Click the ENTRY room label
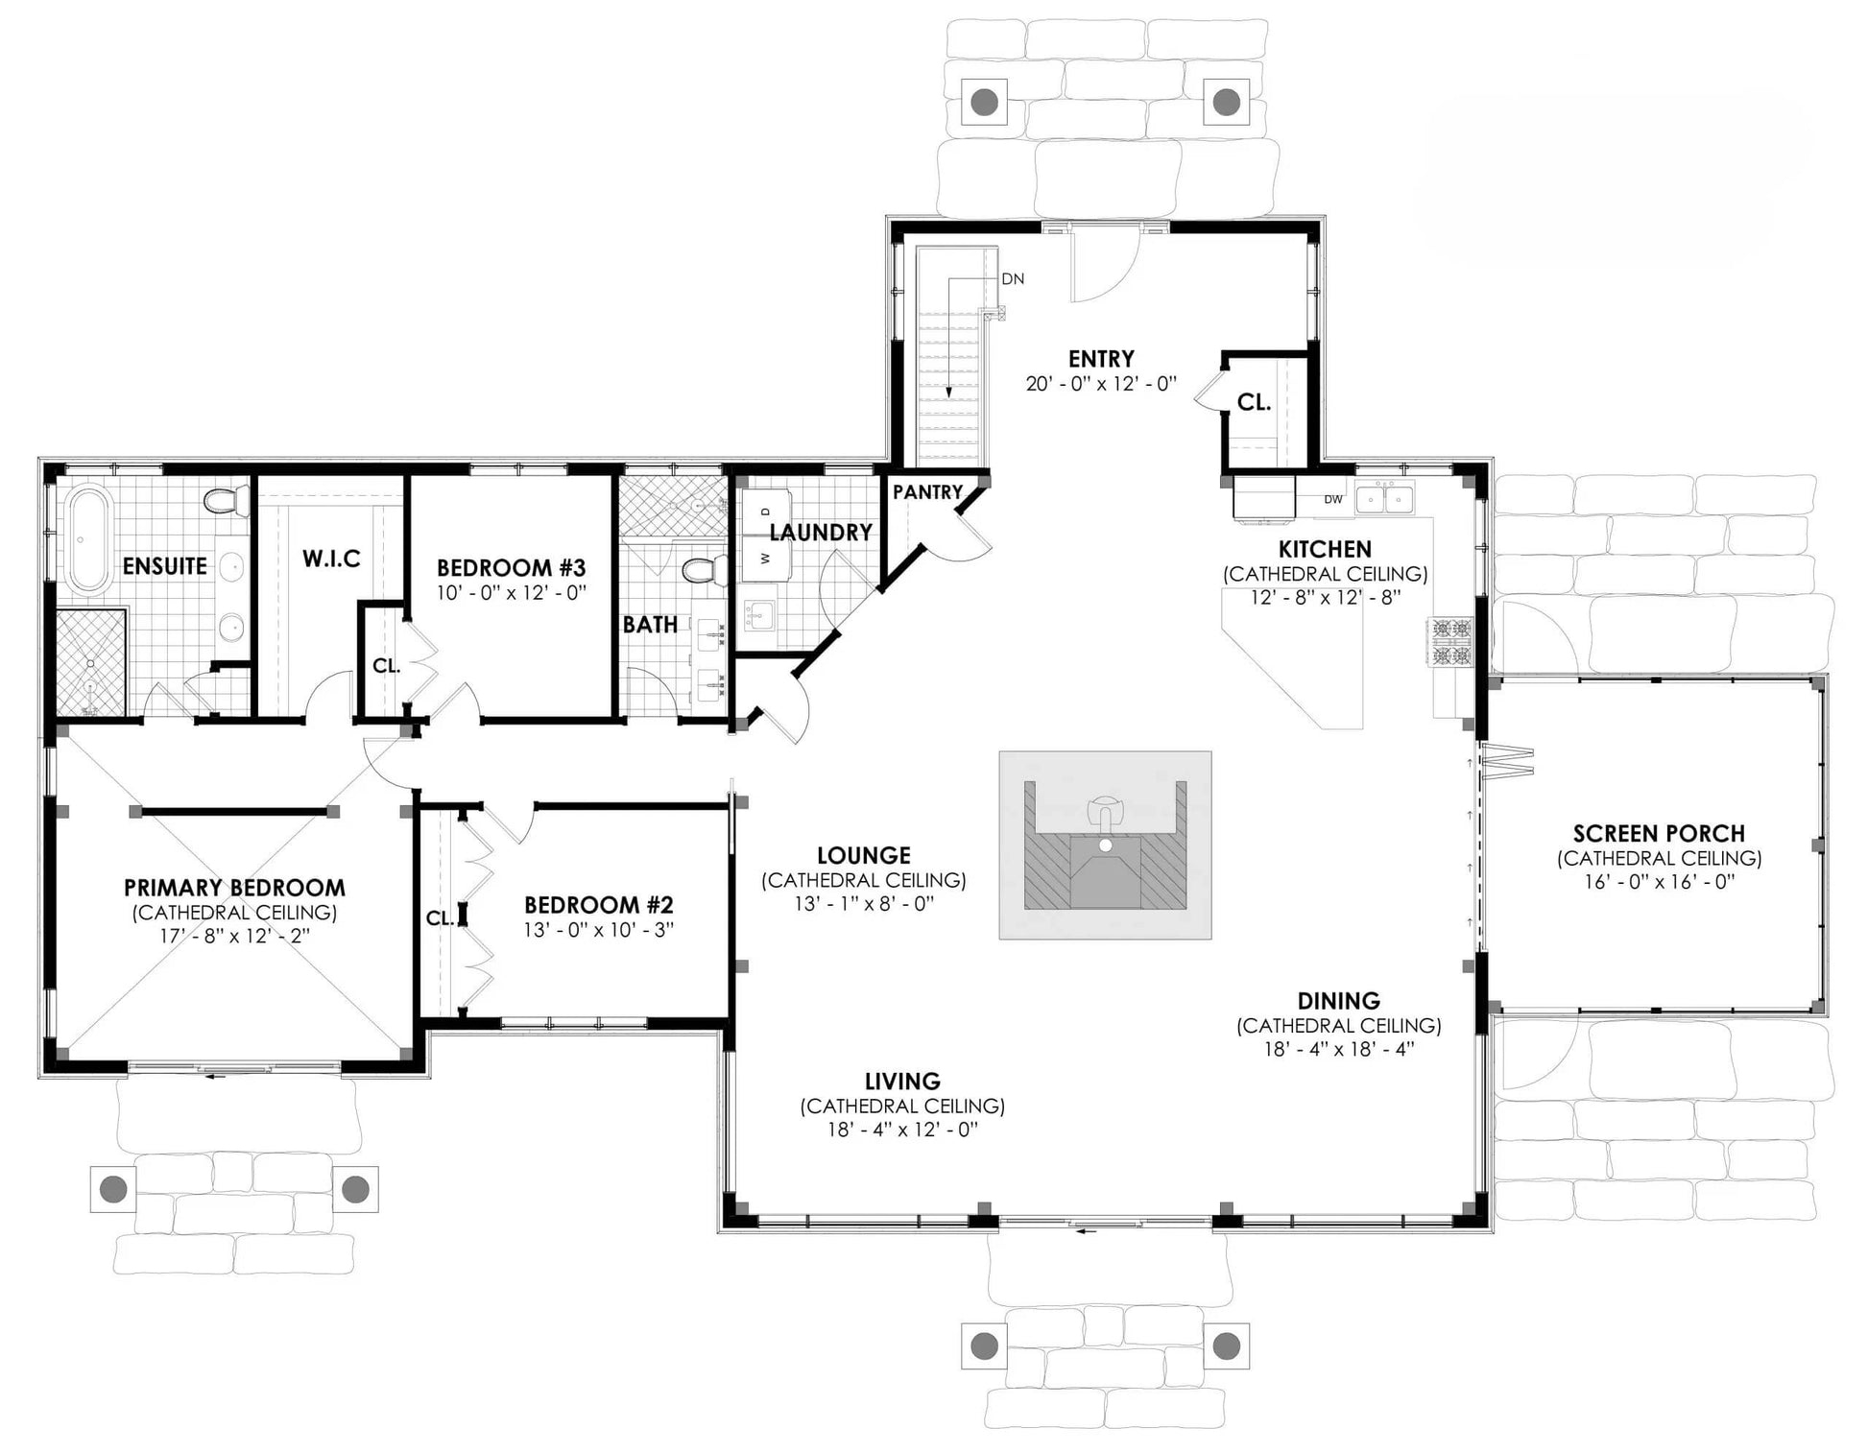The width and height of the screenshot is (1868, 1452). click(1101, 359)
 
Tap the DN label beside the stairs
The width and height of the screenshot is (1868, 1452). click(1013, 279)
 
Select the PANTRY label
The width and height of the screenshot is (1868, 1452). click(927, 492)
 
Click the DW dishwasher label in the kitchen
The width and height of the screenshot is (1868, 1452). click(1333, 499)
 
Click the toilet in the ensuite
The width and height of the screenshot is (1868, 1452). click(227, 501)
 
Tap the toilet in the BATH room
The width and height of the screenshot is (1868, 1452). click(706, 571)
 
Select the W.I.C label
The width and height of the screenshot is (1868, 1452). click(331, 559)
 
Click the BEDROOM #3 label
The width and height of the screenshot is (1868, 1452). click(511, 567)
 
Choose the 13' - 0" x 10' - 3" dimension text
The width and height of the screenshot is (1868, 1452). click(599, 930)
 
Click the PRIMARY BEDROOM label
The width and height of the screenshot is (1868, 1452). click(234, 888)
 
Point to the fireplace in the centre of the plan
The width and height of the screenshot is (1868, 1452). click(1105, 845)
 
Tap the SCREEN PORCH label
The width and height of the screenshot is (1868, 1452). click(1659, 834)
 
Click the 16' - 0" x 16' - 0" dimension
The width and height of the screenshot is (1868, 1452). click(1659, 882)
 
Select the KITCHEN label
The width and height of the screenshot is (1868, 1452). click(1325, 550)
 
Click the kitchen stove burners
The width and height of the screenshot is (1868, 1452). click(1451, 643)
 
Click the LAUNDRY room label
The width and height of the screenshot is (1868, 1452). click(821, 533)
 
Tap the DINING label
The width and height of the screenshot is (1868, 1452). click(1339, 1001)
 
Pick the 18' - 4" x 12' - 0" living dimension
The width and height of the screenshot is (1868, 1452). click(902, 1130)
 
